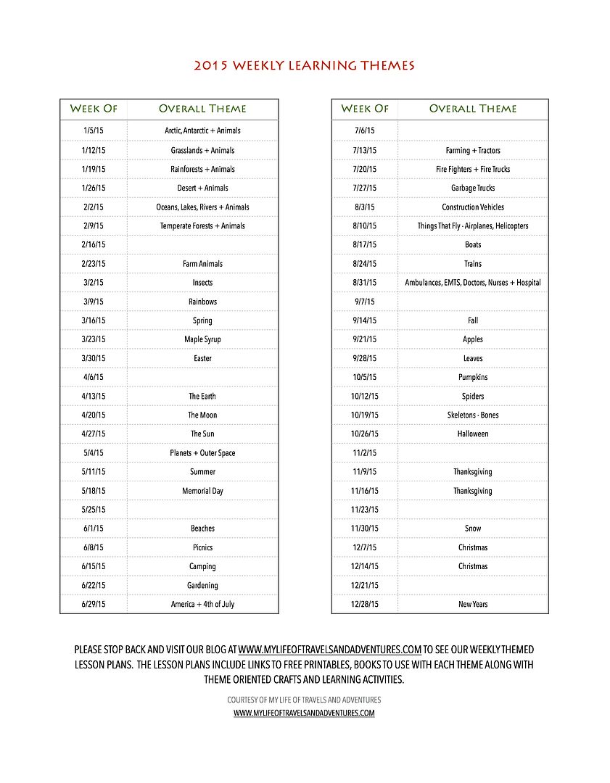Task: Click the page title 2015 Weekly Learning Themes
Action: pos(305,66)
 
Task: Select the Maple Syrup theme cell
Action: pos(202,339)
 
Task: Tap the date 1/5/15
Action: pos(94,130)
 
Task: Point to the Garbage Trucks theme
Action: pos(473,188)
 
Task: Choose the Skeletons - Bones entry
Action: pos(473,415)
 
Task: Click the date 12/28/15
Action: pos(365,604)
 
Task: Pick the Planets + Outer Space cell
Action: pos(202,453)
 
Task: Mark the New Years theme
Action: pos(473,604)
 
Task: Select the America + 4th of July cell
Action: pos(202,604)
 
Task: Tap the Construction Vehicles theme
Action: pos(473,207)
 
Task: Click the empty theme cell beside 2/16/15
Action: pos(202,245)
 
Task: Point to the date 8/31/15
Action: pos(365,283)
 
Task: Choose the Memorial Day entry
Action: pos(202,491)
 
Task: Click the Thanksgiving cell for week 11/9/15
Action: pos(473,472)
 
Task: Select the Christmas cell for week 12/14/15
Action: pos(473,566)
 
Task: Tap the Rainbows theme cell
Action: pos(202,302)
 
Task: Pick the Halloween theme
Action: pos(473,434)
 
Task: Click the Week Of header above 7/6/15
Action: pos(365,109)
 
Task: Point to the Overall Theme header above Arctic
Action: pos(202,109)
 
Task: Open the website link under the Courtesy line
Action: pos(304,713)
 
